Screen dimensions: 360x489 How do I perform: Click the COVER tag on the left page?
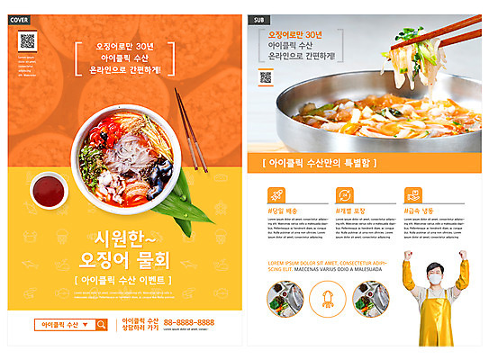tap(19, 18)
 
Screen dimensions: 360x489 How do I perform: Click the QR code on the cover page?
tap(27, 40)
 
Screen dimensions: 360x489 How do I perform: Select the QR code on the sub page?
tap(266, 77)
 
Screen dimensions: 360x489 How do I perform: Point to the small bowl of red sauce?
tap(47, 190)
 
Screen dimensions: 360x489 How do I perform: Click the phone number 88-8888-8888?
tap(188, 322)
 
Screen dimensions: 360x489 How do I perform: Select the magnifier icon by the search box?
tap(102, 325)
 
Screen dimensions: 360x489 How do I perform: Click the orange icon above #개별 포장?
tap(344, 194)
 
